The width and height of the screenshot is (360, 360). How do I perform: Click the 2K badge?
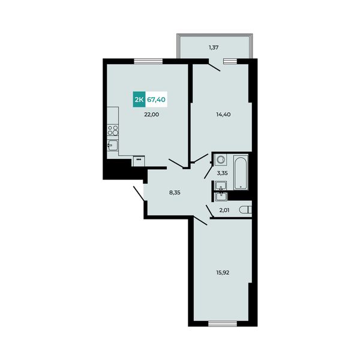tap(139, 100)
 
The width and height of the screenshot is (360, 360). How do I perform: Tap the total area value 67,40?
tap(156, 100)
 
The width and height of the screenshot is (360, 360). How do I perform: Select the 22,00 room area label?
tap(152, 115)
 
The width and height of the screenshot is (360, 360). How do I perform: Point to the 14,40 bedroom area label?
tap(223, 115)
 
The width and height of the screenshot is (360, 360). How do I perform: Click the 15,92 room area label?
tap(223, 273)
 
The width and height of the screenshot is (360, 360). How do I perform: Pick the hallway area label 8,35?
tap(175, 193)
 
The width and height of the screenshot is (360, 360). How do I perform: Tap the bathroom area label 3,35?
tap(222, 173)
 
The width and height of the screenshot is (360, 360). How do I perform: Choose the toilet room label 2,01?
tap(224, 210)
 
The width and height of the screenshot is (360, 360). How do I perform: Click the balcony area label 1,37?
tap(214, 47)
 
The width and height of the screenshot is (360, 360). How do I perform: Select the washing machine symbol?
tap(220, 160)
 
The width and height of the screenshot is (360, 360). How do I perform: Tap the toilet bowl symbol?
tap(245, 210)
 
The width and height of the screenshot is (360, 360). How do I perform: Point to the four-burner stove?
tap(113, 130)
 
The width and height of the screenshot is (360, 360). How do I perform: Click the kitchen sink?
tap(113, 145)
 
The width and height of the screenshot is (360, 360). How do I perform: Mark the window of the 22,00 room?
tap(148, 61)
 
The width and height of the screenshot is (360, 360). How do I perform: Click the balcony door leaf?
tap(214, 67)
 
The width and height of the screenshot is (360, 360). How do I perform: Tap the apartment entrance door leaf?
tap(139, 194)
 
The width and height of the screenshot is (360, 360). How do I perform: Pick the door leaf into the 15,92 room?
tap(200, 221)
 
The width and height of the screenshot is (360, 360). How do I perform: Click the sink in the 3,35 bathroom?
tap(221, 185)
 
